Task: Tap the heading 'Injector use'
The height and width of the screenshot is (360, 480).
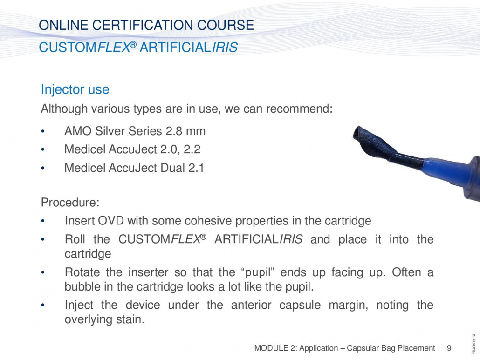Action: pos(75,89)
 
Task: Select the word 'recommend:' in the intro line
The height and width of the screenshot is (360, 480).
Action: pos(299,109)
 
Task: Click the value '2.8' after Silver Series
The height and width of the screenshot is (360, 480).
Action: pos(174,131)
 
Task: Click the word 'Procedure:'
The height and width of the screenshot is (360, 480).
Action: pos(70,202)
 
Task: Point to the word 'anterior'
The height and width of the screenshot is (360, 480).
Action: pos(251,305)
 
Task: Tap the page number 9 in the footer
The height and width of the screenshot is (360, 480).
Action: pos(449,348)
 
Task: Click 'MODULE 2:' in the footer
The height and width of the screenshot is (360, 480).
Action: pos(275,348)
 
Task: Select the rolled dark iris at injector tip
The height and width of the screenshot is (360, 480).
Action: pos(375,142)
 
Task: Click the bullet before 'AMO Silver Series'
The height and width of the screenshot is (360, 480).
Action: pos(43,131)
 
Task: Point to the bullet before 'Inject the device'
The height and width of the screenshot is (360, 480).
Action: pos(43,305)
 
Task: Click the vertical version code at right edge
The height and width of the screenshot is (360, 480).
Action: pos(474,345)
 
